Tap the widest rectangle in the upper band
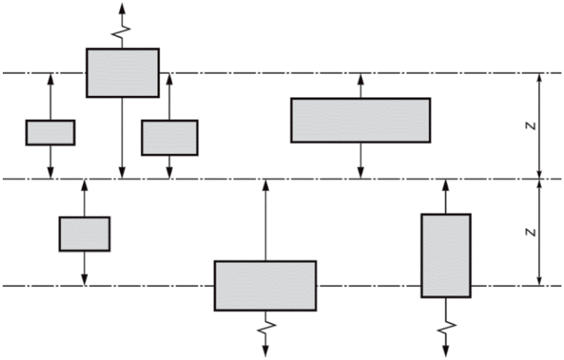click(x=360, y=120)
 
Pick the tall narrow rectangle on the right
click(x=446, y=256)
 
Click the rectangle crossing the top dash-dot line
click(x=122, y=72)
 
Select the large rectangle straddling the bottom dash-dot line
click(x=264, y=285)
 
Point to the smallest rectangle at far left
click(x=50, y=132)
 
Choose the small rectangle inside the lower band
click(x=84, y=233)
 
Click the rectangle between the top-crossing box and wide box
click(x=169, y=137)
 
